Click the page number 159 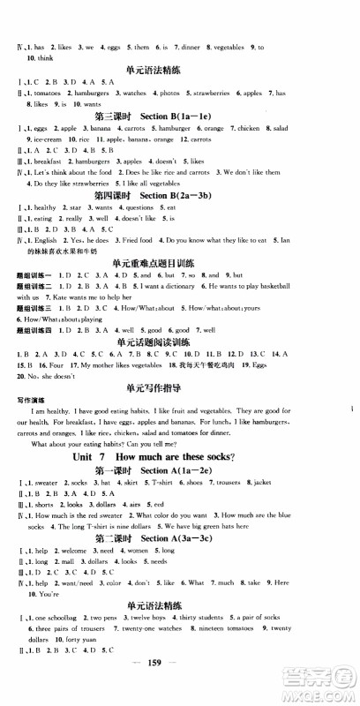click(179, 690)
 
